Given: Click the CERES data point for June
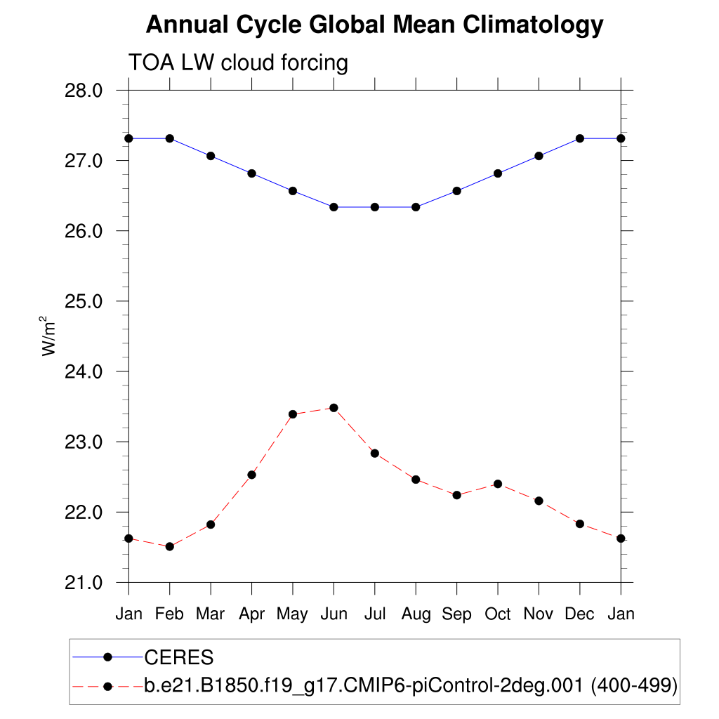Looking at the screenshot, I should pos(334,207).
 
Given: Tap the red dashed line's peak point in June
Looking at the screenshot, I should pos(334,408).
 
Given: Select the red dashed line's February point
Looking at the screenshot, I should pos(169,546).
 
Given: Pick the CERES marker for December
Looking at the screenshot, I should pos(580,138).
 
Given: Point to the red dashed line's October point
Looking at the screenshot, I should pos(498,484).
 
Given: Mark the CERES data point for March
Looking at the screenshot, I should pos(211,156).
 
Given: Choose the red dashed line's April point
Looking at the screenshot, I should pos(251,475).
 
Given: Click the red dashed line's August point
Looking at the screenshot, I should pos(416,480).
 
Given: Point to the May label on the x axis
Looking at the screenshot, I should pos(292,614).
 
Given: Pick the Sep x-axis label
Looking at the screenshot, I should pos(456,614).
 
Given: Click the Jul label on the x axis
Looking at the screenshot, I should pos(375,614).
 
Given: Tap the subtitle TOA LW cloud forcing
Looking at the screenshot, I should pos(238,63).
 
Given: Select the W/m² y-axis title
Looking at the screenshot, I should pos(49,336).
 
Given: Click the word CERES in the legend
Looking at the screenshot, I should pos(178,658).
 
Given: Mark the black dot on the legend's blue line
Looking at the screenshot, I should pos(108,657).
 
